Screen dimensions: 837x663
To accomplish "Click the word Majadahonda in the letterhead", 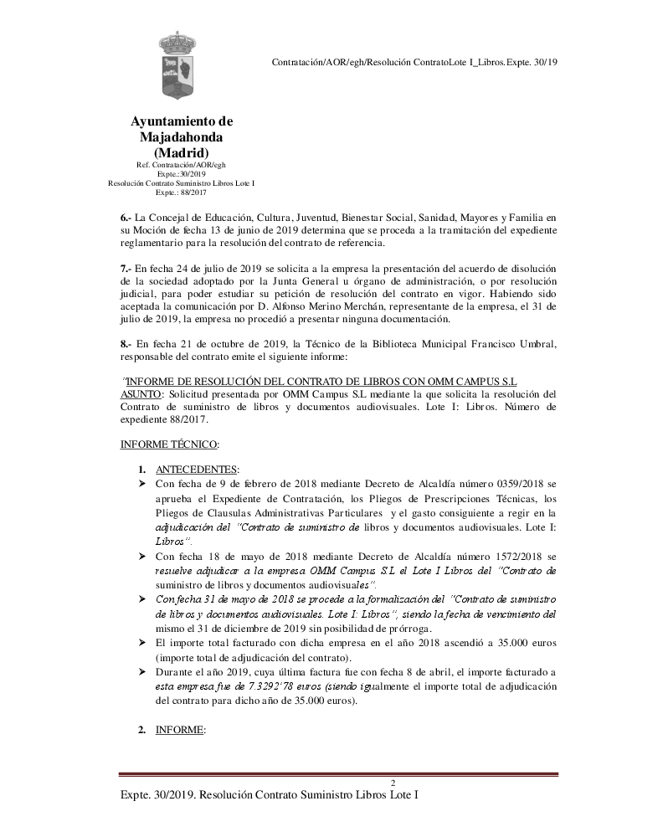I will pos(182,136).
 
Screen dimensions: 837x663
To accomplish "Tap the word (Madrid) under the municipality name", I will pos(182,152).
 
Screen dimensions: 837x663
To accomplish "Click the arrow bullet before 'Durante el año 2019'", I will pos(142,672).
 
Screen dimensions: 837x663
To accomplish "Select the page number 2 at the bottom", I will pos(393,783).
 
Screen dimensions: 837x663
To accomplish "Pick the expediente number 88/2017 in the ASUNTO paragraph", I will pos(189,420).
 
